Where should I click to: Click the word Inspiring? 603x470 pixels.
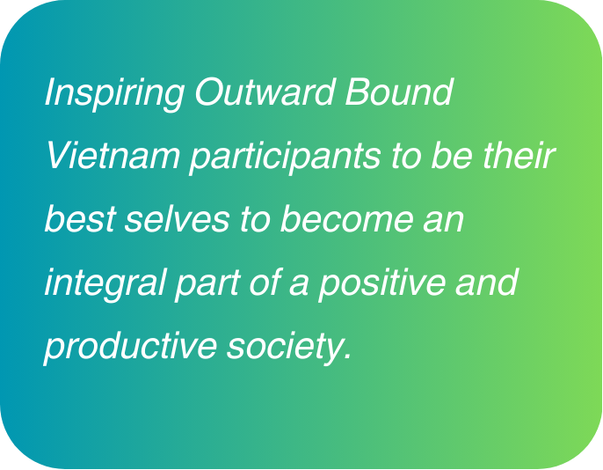(x=114, y=94)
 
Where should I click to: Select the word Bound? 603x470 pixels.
(x=399, y=92)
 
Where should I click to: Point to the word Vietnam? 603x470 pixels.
(x=113, y=156)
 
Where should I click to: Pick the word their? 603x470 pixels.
(x=519, y=156)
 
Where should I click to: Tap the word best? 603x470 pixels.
(x=80, y=218)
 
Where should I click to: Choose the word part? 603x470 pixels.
(x=207, y=285)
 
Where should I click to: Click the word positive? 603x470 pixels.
(x=381, y=284)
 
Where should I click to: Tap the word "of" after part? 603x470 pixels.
(x=265, y=282)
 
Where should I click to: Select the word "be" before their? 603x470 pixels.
(x=452, y=156)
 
